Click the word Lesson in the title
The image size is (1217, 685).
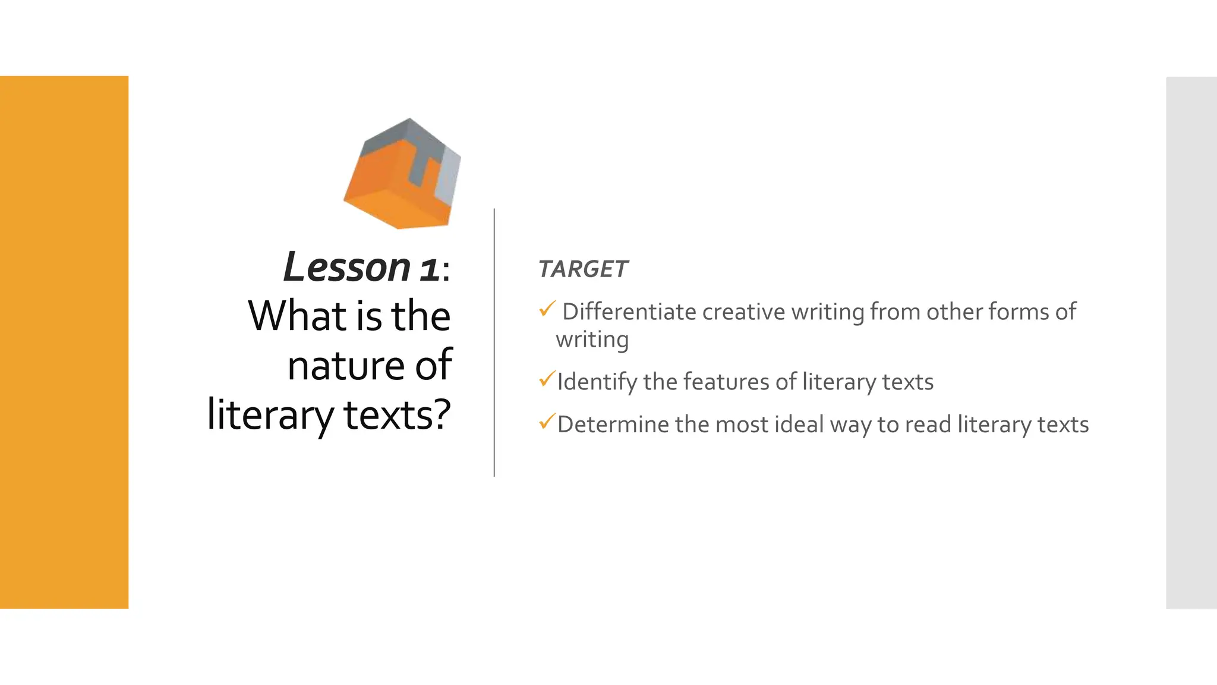(347, 268)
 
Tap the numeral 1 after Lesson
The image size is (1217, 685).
(429, 269)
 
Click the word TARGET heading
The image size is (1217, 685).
(582, 269)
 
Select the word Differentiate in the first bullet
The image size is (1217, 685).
(629, 312)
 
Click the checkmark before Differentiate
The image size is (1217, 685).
(547, 309)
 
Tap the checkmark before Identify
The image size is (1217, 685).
(547, 379)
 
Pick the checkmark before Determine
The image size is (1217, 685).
(547, 422)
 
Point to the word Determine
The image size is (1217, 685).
(613, 425)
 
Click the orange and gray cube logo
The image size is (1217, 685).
(402, 174)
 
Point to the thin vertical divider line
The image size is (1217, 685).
(494, 342)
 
